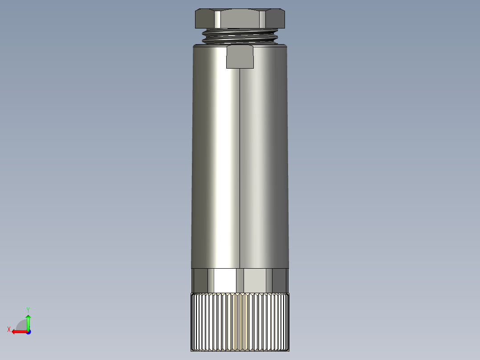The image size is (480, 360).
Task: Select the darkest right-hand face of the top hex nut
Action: [277, 19]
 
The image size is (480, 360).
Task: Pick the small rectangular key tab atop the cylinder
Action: [240, 57]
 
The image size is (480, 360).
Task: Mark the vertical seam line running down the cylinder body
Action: [240, 169]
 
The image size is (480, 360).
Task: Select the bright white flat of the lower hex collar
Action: [225, 281]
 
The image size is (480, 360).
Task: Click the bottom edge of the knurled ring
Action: [240, 350]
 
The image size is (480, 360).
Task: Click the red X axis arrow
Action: [18, 331]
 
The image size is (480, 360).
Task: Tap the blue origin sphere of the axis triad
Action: [28, 332]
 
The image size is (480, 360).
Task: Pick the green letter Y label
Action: [28, 309]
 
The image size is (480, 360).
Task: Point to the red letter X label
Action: [8, 329]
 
